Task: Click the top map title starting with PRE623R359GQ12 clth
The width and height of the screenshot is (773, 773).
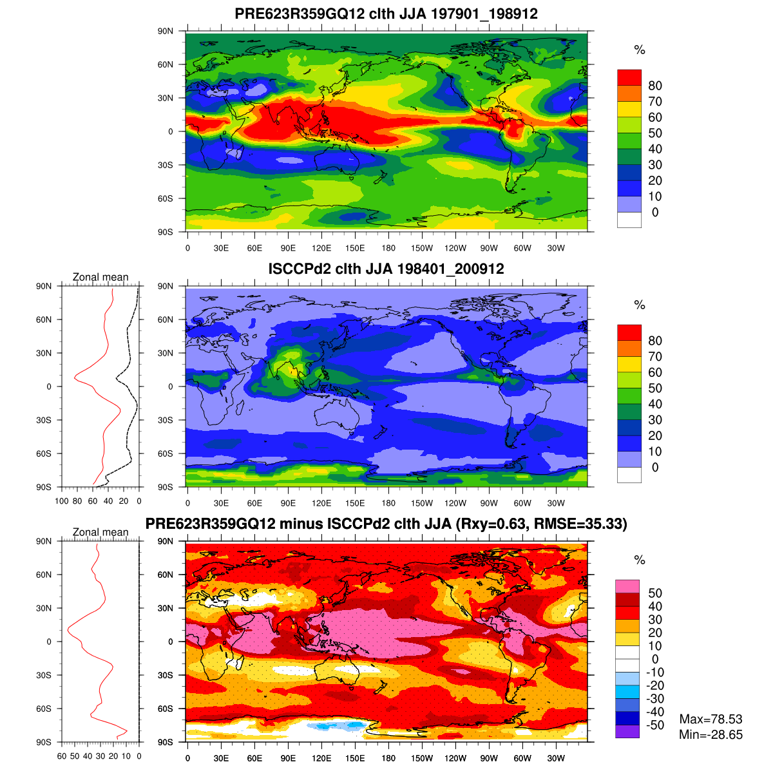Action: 386,14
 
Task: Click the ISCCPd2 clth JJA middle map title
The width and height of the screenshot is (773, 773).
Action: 386,269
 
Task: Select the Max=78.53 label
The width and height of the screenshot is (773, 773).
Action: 711,720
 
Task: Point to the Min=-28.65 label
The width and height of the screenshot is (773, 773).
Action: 711,735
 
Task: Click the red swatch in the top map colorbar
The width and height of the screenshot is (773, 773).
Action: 629,77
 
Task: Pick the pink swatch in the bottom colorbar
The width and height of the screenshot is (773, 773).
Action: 627,586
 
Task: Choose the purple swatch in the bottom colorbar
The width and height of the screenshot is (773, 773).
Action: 627,732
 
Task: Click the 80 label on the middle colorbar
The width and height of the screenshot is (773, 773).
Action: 655,341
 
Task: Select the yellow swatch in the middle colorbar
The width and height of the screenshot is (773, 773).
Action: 629,364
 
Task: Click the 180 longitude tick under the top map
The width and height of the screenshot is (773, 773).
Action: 388,248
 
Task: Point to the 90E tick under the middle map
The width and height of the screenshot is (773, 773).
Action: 288,503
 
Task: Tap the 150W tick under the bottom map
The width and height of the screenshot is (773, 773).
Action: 422,758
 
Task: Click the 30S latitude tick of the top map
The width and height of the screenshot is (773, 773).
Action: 166,165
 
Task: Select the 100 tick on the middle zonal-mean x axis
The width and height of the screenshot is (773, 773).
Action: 62,501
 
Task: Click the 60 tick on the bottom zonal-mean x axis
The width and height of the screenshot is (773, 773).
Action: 62,756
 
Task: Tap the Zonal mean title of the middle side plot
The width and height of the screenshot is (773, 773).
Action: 100,277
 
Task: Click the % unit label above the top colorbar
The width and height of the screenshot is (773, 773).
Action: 639,50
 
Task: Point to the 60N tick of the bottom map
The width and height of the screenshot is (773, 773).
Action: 166,575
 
